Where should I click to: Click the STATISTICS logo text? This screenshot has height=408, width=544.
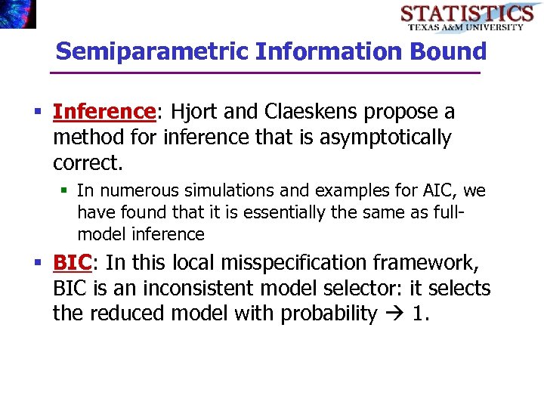pos(466,13)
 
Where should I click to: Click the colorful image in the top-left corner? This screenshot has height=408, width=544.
pos(17,14)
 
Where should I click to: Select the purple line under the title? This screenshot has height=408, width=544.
pos(264,73)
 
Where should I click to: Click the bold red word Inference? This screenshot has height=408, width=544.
pos(104,112)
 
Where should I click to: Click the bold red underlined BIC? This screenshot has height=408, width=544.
pos(72,263)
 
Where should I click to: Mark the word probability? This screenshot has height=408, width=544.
pos(329,314)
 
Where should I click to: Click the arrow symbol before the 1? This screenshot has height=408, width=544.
pos(394,314)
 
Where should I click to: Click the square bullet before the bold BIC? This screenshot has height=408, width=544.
pos(38,263)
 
